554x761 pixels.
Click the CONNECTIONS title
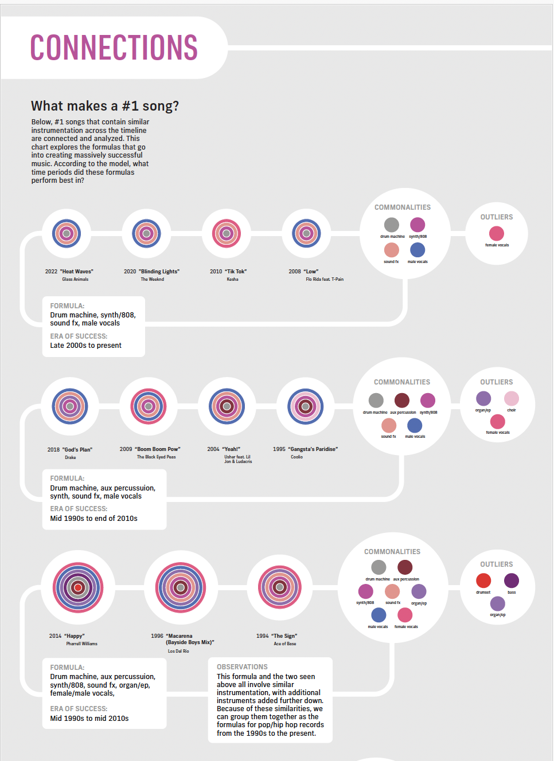click(x=114, y=48)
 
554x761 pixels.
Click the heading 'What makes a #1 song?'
click(x=105, y=106)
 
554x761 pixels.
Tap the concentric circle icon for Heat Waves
click(x=67, y=233)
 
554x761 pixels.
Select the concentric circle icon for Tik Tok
click(x=227, y=233)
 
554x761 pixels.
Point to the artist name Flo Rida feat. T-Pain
click(x=325, y=280)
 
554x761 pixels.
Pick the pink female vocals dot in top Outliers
click(x=497, y=233)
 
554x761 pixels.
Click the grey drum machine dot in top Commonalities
click(x=392, y=225)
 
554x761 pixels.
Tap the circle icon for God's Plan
click(x=70, y=406)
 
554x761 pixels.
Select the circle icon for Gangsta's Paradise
click(x=306, y=406)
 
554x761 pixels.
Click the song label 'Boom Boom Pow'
click(x=150, y=449)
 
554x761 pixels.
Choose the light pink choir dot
click(x=512, y=398)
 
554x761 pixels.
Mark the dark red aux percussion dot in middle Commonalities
click(x=402, y=400)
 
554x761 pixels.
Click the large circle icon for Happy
click(x=78, y=587)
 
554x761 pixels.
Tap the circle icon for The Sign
click(x=280, y=587)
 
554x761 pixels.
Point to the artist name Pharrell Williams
click(x=81, y=644)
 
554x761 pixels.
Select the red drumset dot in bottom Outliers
click(x=483, y=580)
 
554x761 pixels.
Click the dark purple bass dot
click(x=512, y=580)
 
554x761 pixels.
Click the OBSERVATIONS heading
click(x=242, y=667)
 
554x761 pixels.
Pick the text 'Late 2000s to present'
click(x=85, y=346)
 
